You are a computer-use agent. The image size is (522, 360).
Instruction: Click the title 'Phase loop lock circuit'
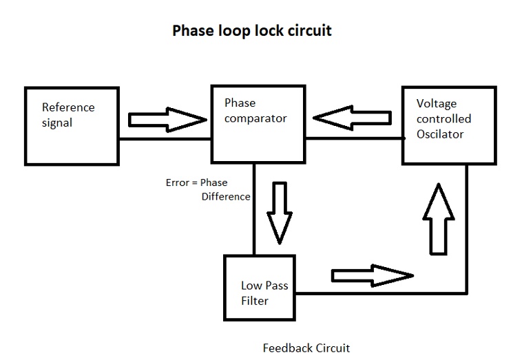[x=252, y=30]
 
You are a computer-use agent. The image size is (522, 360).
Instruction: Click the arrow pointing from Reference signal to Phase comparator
[x=167, y=120]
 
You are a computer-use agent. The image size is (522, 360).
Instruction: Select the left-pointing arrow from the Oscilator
[x=352, y=118]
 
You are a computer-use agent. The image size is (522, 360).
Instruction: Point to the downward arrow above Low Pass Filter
[x=280, y=213]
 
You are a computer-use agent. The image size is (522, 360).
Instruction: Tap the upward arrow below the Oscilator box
[x=439, y=219]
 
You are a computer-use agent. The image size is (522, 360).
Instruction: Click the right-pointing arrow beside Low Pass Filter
[x=373, y=276]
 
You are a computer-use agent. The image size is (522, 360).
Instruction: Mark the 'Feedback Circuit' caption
[x=306, y=348]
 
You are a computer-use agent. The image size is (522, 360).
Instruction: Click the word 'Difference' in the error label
[x=226, y=197]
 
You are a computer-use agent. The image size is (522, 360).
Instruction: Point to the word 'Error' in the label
[x=178, y=182]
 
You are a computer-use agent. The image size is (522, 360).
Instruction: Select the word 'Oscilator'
[x=440, y=134]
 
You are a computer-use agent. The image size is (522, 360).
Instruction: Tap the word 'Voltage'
[x=437, y=104]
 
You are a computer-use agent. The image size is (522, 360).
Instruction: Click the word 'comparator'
[x=255, y=119]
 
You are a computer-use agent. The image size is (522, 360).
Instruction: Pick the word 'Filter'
[x=255, y=301]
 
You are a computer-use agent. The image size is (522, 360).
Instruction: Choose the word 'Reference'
[x=68, y=107]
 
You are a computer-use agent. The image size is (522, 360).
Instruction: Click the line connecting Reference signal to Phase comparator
[x=165, y=139]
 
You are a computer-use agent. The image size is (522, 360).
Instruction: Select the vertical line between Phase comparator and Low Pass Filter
[x=254, y=209]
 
